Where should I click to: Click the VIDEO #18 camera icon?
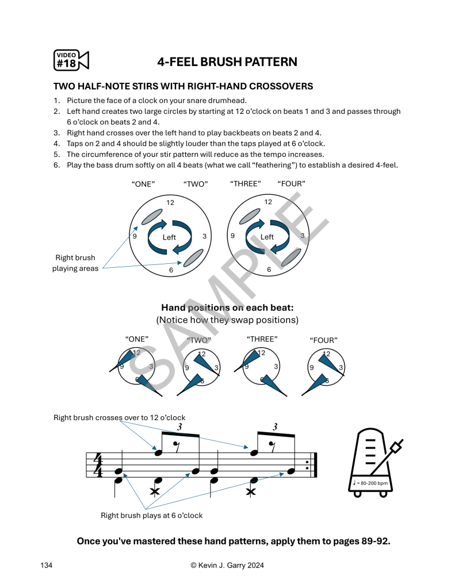[71, 60]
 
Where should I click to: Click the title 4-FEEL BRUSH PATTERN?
[227, 62]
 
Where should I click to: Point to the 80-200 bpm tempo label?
[372, 483]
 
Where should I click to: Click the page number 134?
[47, 566]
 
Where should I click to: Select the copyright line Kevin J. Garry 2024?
[227, 566]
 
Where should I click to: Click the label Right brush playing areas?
[75, 263]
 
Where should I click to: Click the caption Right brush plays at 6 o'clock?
[152, 516]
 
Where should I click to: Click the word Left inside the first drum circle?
[169, 237]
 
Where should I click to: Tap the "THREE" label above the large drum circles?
[245, 184]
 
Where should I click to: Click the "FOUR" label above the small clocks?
[323, 340]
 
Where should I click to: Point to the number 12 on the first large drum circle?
[170, 202]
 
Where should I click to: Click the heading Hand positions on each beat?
[227, 308]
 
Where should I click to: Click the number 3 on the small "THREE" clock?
[277, 367]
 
